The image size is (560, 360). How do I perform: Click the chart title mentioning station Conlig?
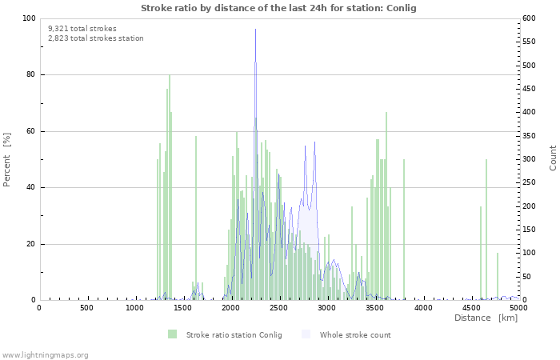[278, 8]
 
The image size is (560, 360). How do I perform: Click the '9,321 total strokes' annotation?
[82, 28]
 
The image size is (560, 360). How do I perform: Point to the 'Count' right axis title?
[553, 158]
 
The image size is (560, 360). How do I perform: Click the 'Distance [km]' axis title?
[486, 318]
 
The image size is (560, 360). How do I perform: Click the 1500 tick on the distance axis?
[182, 307]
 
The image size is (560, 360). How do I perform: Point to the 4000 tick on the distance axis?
[422, 307]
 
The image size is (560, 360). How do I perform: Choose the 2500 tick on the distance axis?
[278, 307]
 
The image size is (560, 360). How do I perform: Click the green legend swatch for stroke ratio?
[172, 334]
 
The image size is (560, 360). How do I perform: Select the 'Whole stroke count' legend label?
[354, 334]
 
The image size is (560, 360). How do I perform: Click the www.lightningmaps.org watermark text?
[45, 354]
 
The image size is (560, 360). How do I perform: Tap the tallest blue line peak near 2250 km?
[255, 64]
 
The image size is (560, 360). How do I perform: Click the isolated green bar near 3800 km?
[404, 232]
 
